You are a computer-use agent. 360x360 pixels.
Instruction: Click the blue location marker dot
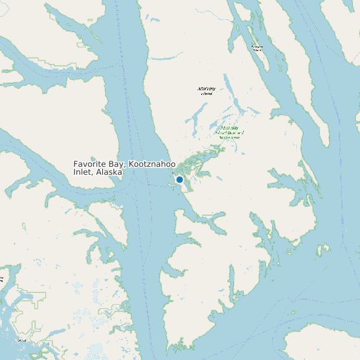pos(179,179)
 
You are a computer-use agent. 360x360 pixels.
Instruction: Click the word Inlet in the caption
pos(82,172)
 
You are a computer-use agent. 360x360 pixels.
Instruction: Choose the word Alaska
pos(109,172)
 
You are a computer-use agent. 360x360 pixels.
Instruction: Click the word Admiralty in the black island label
pos(207,88)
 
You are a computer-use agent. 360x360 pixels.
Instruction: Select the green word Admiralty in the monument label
pos(229,127)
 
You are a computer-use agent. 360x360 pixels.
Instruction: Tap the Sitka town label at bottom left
pos(23,340)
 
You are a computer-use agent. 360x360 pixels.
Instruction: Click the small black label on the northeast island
pos(257,47)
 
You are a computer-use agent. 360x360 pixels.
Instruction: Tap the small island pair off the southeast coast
pos(323,250)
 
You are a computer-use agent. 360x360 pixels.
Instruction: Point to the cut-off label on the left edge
pos(2,278)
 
